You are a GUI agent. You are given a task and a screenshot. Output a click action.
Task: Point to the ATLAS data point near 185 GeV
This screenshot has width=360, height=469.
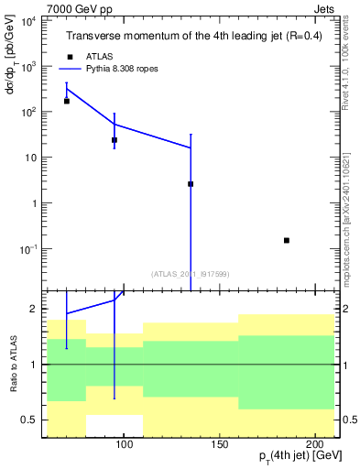point(287,240)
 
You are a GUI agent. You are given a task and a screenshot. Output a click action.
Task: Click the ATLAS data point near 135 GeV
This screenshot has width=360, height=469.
point(191,184)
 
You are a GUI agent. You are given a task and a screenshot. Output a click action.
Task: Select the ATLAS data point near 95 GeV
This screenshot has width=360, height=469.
point(115,140)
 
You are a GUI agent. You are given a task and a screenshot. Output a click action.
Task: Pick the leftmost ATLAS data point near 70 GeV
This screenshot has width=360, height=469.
point(67,101)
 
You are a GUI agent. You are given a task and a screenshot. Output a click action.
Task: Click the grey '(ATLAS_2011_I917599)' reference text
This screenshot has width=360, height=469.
point(191,273)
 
